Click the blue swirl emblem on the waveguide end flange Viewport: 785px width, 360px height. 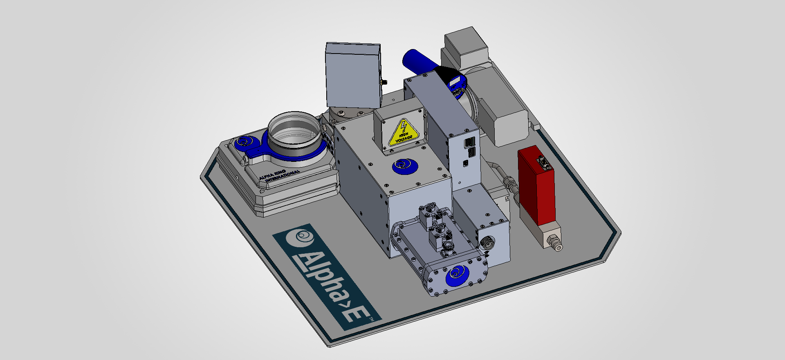coord(458,276)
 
